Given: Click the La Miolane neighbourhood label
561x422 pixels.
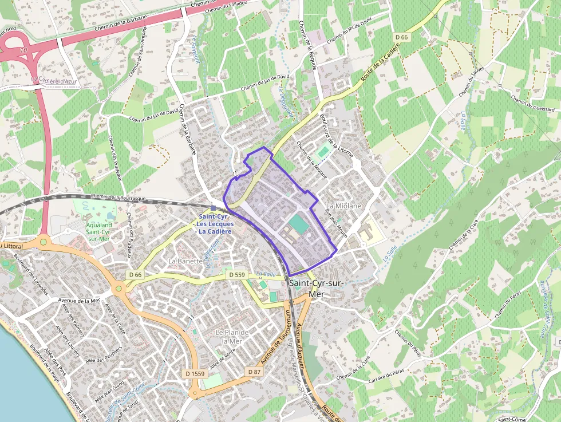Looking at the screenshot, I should pyautogui.click(x=343, y=206).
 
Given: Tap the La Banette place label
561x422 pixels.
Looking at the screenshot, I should pyautogui.click(x=185, y=261).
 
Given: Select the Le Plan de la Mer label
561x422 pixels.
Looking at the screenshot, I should pyautogui.click(x=232, y=337).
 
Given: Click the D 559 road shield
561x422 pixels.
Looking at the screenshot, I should pyautogui.click(x=236, y=275).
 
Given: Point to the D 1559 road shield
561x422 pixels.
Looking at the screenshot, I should pyautogui.click(x=195, y=374).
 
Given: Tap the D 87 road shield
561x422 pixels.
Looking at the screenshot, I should pyautogui.click(x=254, y=372).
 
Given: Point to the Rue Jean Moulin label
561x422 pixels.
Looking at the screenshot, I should pyautogui.click(x=336, y=225).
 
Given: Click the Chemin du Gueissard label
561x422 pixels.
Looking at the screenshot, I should pyautogui.click(x=532, y=103).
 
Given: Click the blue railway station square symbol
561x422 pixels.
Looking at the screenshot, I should pyautogui.click(x=214, y=208).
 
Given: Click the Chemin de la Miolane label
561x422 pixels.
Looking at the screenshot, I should pyautogui.click(x=312, y=160).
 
